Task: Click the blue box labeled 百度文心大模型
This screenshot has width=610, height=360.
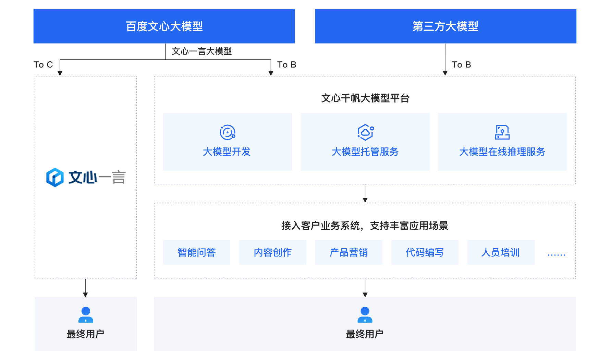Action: pyautogui.click(x=164, y=26)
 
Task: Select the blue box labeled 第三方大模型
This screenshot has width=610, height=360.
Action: pyautogui.click(x=445, y=26)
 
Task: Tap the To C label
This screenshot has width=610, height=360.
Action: pyautogui.click(x=43, y=65)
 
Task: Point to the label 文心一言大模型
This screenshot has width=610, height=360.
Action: pyautogui.click(x=202, y=51)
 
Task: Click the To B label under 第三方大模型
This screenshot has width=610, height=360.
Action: pyautogui.click(x=461, y=65)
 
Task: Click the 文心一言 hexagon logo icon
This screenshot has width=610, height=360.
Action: pyautogui.click(x=55, y=177)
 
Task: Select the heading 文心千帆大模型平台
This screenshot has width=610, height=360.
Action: pyautogui.click(x=365, y=98)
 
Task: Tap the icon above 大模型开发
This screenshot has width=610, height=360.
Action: pyautogui.click(x=228, y=132)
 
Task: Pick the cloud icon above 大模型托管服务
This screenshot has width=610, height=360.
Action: pyautogui.click(x=365, y=132)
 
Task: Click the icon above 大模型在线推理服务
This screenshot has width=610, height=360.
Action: pyautogui.click(x=502, y=132)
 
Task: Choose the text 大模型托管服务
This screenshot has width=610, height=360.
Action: pyautogui.click(x=365, y=152)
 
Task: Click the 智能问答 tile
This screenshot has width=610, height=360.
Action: pyautogui.click(x=196, y=252)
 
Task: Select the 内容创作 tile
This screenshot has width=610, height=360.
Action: pyautogui.click(x=272, y=252)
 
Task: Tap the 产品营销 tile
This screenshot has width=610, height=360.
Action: pyautogui.click(x=349, y=252)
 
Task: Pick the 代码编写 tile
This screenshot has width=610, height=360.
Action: pyautogui.click(x=425, y=252)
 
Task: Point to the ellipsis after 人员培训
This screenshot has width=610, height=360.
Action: pyautogui.click(x=556, y=254)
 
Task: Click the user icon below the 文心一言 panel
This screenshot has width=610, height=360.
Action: pyautogui.click(x=86, y=314)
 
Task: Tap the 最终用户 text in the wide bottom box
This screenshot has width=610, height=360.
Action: pyautogui.click(x=365, y=334)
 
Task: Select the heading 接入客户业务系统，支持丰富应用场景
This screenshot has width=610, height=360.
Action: pyautogui.click(x=365, y=226)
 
